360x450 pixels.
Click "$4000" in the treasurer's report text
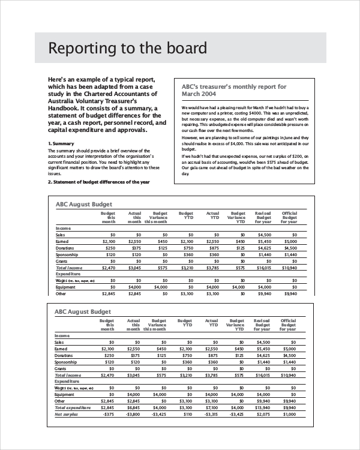pyautogui.click(x=256, y=113)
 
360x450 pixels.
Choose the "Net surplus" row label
pyautogui.click(x=67, y=414)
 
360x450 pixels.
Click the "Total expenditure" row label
pyautogui.click(x=73, y=407)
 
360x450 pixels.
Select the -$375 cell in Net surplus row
pyautogui.click(x=108, y=414)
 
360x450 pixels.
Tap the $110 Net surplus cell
pyautogui.click(x=188, y=414)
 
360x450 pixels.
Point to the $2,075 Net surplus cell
pyautogui.click(x=264, y=414)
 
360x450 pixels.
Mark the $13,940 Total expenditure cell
pyautogui.click(x=263, y=407)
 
